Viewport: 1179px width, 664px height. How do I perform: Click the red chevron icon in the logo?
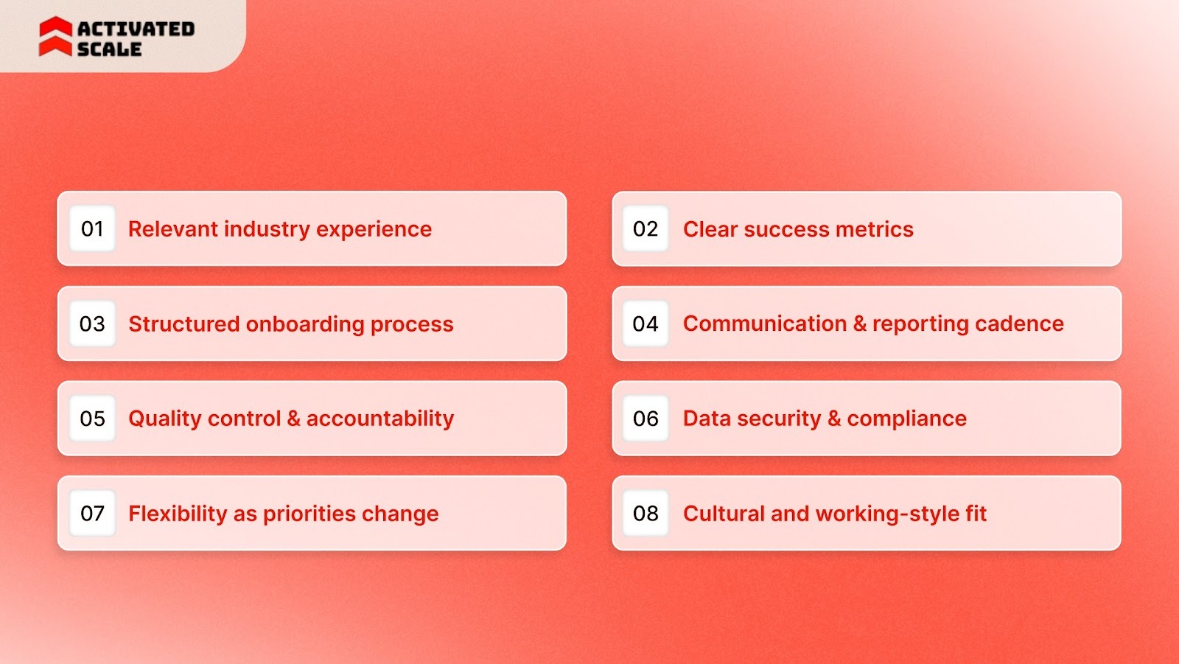[x=55, y=37]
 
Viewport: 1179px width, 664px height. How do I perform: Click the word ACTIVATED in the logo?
[x=136, y=29]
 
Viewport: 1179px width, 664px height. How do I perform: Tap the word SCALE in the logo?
[x=109, y=49]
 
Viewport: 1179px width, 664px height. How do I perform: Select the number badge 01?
[x=92, y=229]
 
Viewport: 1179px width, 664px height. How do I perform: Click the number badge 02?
[x=646, y=229]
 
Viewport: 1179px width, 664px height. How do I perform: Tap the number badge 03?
[x=92, y=324]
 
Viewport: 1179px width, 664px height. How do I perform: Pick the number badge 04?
[x=646, y=324]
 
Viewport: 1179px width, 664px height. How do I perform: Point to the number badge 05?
[x=92, y=419]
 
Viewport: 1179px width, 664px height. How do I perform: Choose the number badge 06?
[x=646, y=419]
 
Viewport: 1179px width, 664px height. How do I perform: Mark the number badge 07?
[x=92, y=513]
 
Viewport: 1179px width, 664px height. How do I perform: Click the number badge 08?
[x=646, y=513]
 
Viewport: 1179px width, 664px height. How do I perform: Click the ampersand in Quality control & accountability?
[x=293, y=419]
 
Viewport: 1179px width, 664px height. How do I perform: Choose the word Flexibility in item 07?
[x=178, y=514]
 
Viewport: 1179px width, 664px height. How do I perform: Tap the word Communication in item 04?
[x=764, y=324]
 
